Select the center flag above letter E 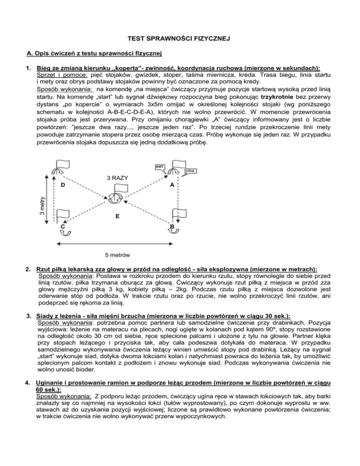point(114,197)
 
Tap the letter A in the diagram point(172,185)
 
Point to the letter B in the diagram point(172,227)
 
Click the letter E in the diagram point(117,217)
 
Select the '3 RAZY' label point(118,178)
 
